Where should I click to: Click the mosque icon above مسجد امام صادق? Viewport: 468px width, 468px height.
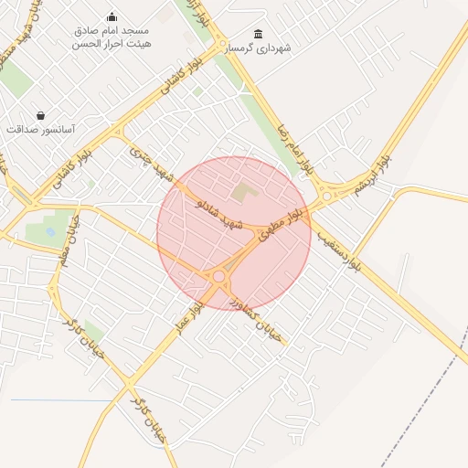[112, 16]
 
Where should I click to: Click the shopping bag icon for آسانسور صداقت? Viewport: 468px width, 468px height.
[40, 115]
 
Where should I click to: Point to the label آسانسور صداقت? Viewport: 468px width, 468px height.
[40, 129]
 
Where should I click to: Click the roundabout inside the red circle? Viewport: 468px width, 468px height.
[219, 276]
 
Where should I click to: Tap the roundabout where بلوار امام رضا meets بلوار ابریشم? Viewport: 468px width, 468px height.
[327, 194]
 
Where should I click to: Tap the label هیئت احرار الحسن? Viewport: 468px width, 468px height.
[113, 43]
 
